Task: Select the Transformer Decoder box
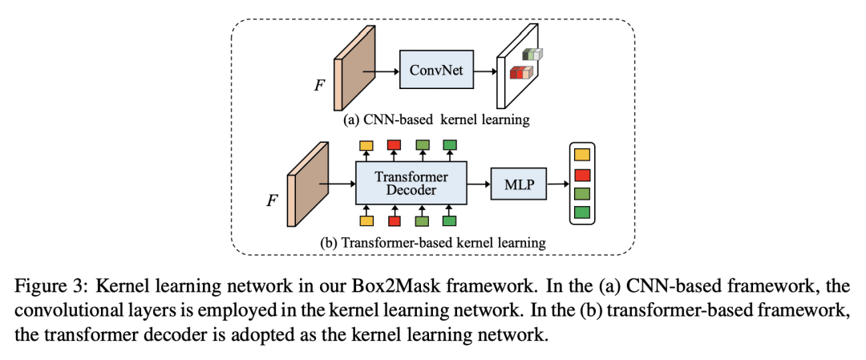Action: coord(411,183)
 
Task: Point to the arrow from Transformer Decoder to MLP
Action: coord(479,183)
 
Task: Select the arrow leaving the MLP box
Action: coord(557,183)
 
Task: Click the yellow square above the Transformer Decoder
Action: coord(366,145)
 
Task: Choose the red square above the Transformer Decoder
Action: coord(395,145)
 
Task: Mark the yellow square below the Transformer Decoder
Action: coord(366,220)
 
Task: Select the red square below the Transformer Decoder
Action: coord(395,220)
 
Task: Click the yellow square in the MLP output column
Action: coord(582,155)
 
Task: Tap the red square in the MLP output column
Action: coord(582,174)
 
